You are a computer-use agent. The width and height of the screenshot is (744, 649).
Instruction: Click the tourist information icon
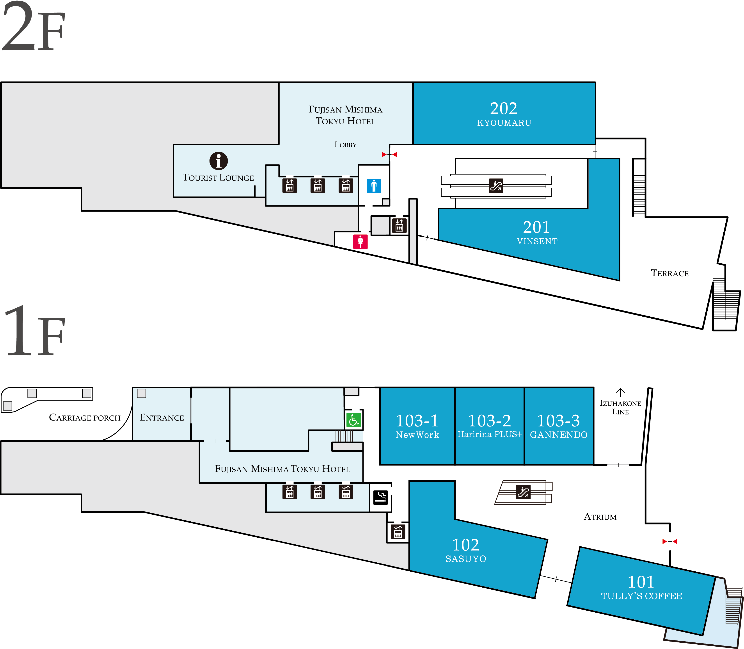pyautogui.click(x=218, y=161)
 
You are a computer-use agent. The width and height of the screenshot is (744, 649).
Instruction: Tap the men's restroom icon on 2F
pyautogui.click(x=374, y=186)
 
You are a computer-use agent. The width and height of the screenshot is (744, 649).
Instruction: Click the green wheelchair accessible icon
pyautogui.click(x=353, y=420)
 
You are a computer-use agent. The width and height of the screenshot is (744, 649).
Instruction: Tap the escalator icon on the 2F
pyautogui.click(x=496, y=186)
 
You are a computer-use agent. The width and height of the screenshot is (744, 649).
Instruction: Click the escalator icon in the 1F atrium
pyautogui.click(x=523, y=492)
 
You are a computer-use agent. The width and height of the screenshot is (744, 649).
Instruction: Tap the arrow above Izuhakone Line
pyautogui.click(x=620, y=392)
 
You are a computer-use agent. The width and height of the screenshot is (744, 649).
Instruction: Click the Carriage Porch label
pyautogui.click(x=85, y=418)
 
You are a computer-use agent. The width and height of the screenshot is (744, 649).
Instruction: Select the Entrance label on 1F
pyautogui.click(x=162, y=418)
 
